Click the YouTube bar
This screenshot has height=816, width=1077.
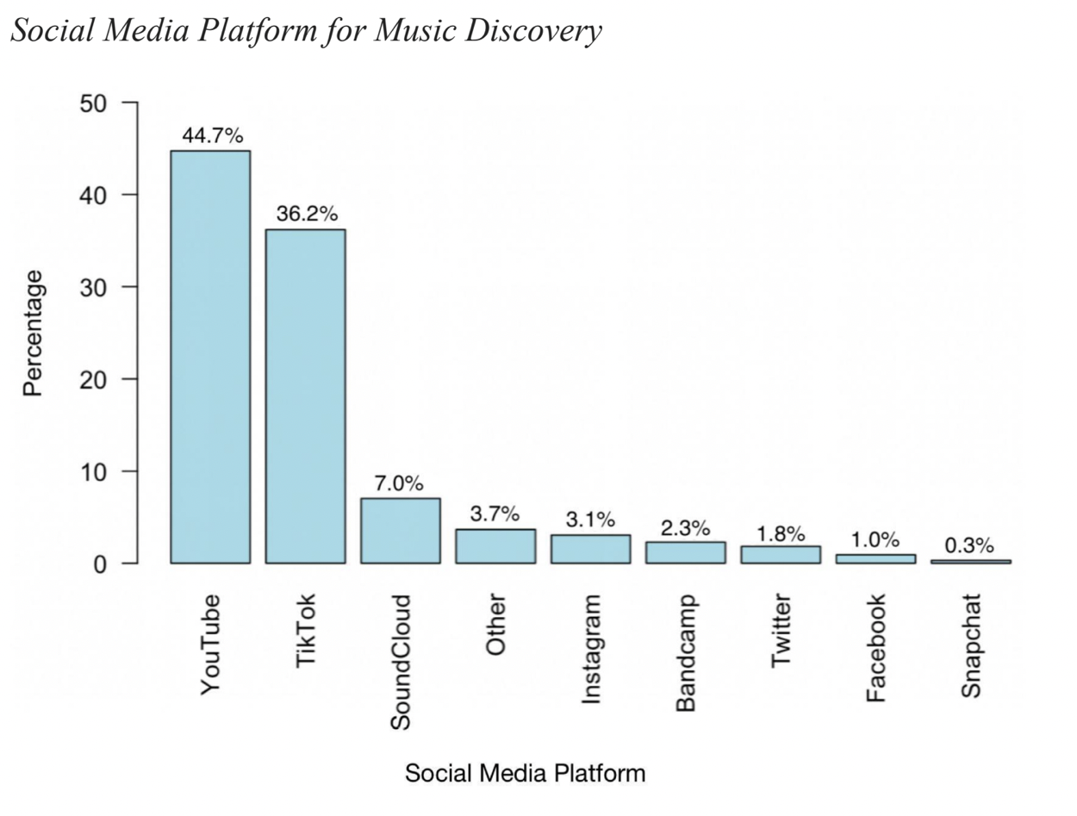(x=210, y=357)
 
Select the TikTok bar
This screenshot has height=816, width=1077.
(x=305, y=396)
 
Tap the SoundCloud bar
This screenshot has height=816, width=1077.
(x=400, y=531)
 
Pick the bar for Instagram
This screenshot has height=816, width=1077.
(x=590, y=549)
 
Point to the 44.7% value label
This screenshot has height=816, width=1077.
(x=212, y=136)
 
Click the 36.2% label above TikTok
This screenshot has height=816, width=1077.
(x=307, y=215)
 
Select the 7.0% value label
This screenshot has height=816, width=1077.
(x=400, y=483)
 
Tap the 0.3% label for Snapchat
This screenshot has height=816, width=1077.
(x=969, y=545)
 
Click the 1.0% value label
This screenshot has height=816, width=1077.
(x=875, y=540)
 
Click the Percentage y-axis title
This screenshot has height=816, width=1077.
(x=33, y=333)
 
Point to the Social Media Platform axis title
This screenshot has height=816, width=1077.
(x=525, y=773)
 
